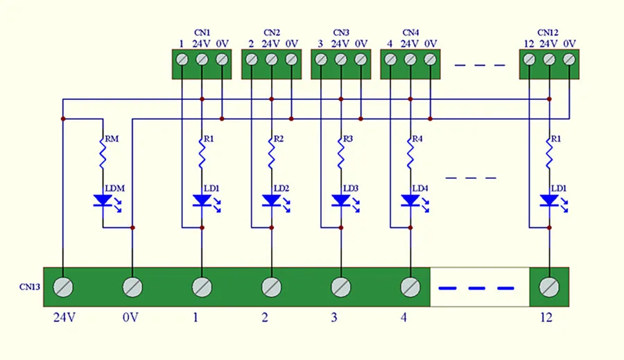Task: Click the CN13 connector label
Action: pyautogui.click(x=29, y=286)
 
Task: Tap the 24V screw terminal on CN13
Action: pyautogui.click(x=63, y=286)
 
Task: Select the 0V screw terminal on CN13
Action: pyautogui.click(x=132, y=286)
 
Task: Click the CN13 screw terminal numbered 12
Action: pyautogui.click(x=549, y=286)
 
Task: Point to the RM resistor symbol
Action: pyautogui.click(x=103, y=153)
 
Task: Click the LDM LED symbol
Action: pyautogui.click(x=103, y=200)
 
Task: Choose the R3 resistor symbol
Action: pyautogui.click(x=340, y=153)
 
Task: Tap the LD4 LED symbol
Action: pyautogui.click(x=410, y=200)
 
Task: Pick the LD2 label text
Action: pyautogui.click(x=281, y=189)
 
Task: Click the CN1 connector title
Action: pyautogui.click(x=202, y=33)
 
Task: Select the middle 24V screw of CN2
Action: pyautogui.click(x=271, y=60)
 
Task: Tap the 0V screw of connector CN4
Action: pyautogui.click(x=430, y=60)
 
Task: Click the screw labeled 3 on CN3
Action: pyautogui.click(x=321, y=60)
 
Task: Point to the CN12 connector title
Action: pyautogui.click(x=548, y=33)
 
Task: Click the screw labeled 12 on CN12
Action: pyautogui.click(x=529, y=60)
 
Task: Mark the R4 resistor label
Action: pyautogui.click(x=417, y=139)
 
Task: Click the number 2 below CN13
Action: pyautogui.click(x=265, y=318)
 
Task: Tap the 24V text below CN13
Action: pyautogui.click(x=64, y=318)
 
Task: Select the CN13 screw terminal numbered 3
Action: pyautogui.click(x=340, y=286)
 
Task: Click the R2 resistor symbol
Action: pyautogui.click(x=271, y=153)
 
